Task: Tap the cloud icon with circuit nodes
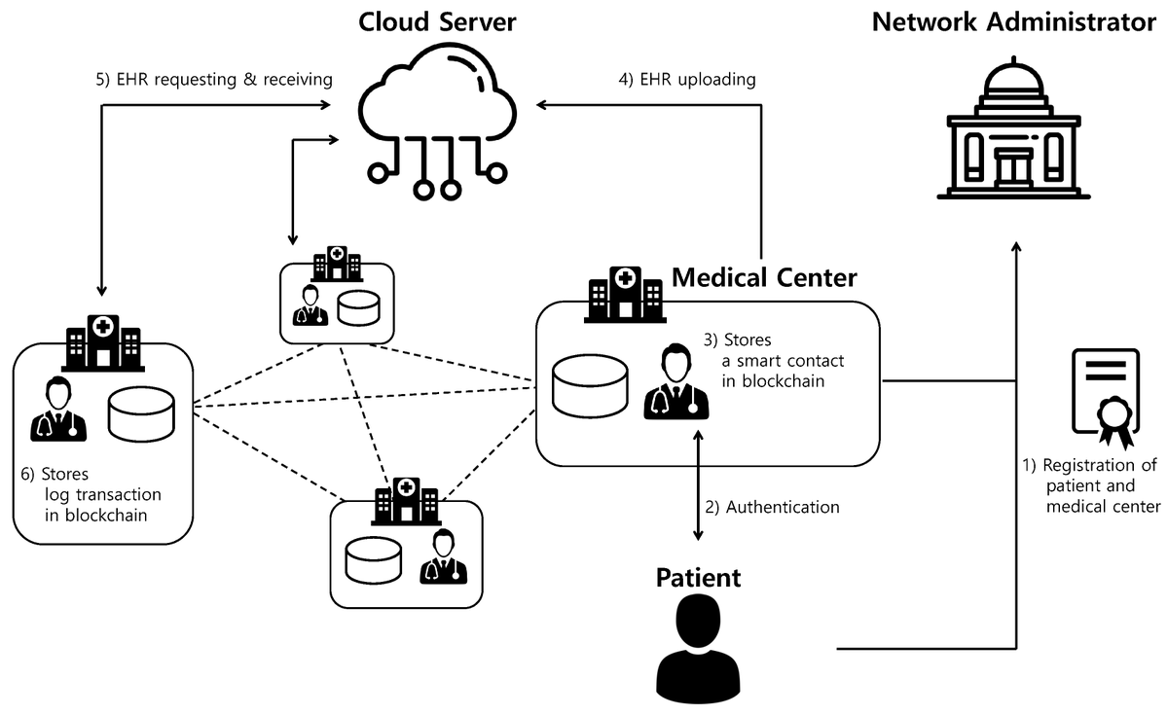point(435,122)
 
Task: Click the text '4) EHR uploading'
point(688,79)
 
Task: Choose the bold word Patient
point(698,577)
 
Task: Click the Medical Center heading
point(765,277)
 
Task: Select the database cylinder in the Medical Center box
point(591,384)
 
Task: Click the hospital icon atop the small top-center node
point(336,264)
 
